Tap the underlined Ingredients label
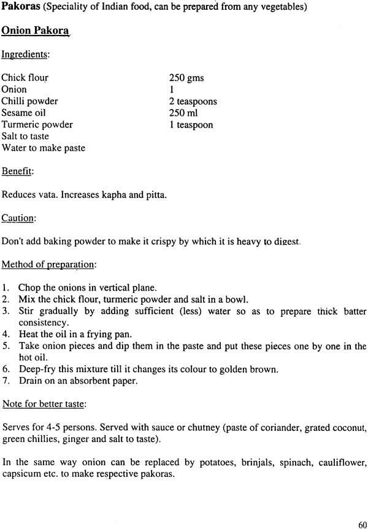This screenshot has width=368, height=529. coord(25,55)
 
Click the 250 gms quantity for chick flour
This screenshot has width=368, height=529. coord(186,78)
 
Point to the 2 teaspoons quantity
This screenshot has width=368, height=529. coord(193,101)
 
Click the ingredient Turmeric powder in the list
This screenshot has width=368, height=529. coord(37,124)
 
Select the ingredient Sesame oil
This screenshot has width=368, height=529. coord(23,113)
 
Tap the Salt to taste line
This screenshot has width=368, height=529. coord(25,136)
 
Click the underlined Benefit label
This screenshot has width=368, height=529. coord(17,171)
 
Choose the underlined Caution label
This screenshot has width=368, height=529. coord(18,218)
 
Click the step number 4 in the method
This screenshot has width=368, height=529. coord(5,334)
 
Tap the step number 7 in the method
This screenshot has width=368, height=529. coord(5,381)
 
